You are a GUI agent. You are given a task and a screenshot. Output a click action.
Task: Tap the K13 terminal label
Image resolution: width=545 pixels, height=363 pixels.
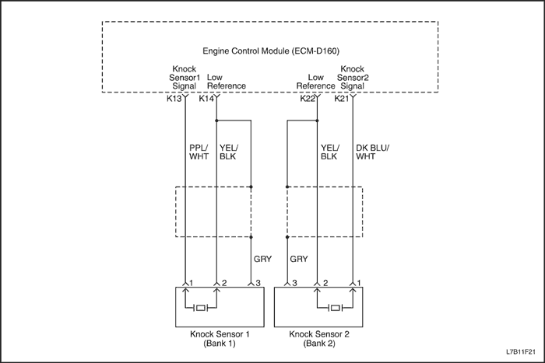pyautogui.click(x=174, y=99)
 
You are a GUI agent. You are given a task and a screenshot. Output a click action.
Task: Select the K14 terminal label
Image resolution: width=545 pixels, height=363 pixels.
pyautogui.click(x=206, y=99)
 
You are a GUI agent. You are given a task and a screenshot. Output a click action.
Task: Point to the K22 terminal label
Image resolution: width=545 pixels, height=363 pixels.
pyautogui.click(x=308, y=99)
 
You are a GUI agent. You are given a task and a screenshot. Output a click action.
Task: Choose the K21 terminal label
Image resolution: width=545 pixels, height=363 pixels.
pyautogui.click(x=342, y=99)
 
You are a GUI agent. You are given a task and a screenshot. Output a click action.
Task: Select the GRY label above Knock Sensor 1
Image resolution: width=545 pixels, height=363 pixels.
pyautogui.click(x=263, y=259)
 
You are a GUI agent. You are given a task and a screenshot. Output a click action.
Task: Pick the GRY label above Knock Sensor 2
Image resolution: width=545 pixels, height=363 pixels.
pyautogui.click(x=299, y=259)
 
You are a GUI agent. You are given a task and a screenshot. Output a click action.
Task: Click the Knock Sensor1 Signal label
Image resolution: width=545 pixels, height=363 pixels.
pyautogui.click(x=185, y=78)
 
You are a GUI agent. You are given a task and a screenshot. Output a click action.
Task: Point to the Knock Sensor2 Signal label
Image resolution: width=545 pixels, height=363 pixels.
pyautogui.click(x=353, y=78)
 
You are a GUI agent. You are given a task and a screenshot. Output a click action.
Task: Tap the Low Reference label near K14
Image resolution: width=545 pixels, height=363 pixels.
pyautogui.click(x=227, y=82)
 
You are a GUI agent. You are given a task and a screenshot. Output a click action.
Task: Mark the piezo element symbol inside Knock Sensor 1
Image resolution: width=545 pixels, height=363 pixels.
pyautogui.click(x=201, y=308)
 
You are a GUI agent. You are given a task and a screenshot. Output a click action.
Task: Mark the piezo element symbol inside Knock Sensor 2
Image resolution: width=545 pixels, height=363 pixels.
pyautogui.click(x=336, y=308)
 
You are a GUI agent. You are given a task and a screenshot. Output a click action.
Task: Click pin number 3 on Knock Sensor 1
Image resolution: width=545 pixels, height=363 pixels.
pyautogui.click(x=258, y=283)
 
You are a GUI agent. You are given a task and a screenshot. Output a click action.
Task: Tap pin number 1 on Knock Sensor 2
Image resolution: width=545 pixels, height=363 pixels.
pyautogui.click(x=361, y=283)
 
